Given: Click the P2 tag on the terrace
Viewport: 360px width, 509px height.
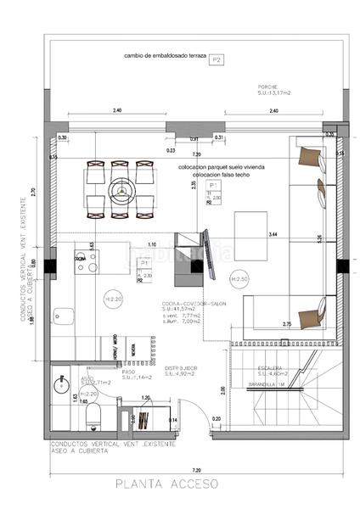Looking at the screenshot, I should pyautogui.click(x=217, y=59).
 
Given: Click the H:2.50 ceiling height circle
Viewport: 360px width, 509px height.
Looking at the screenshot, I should pyautogui.click(x=239, y=279).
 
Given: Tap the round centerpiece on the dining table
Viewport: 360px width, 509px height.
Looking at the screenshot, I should pyautogui.click(x=122, y=190).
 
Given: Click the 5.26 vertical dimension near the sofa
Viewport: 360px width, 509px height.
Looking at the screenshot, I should pyautogui.click(x=320, y=239).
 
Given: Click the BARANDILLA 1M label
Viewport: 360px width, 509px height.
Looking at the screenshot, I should pyautogui.click(x=266, y=384).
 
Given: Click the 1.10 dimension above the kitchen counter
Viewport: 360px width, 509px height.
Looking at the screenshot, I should pyautogui.click(x=151, y=244).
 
